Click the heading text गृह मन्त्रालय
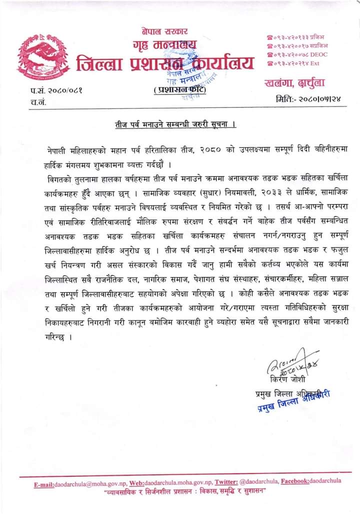[164, 45]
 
